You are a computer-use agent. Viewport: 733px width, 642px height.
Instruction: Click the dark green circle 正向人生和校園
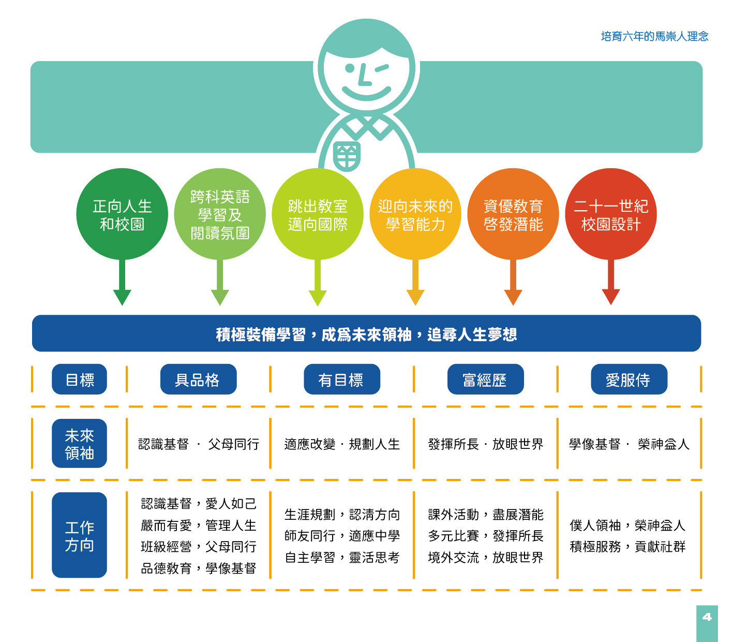click(x=122, y=214)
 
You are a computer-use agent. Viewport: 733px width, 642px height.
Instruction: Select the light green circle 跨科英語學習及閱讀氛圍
click(x=220, y=214)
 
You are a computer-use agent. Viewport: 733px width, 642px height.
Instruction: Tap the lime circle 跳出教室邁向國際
click(x=318, y=214)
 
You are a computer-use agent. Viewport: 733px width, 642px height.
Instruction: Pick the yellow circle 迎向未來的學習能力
click(x=415, y=214)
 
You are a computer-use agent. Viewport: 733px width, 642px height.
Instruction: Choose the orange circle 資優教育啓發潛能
click(x=513, y=214)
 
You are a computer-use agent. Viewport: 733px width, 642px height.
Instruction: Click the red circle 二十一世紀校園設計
click(x=611, y=214)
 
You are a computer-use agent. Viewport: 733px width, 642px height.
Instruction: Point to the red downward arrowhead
click(x=611, y=296)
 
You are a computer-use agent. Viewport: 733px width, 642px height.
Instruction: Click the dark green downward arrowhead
click(x=122, y=296)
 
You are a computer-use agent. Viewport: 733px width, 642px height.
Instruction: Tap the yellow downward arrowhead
click(x=415, y=296)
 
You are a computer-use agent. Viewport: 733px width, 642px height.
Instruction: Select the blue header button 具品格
click(x=198, y=380)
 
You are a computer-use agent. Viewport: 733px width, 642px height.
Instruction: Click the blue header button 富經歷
click(x=485, y=380)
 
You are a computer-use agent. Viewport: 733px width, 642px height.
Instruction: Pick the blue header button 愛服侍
click(x=629, y=380)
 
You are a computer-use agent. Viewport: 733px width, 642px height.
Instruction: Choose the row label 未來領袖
click(x=79, y=444)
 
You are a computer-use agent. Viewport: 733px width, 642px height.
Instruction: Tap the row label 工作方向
click(x=79, y=535)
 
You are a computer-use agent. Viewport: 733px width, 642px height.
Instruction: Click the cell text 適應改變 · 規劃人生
click(x=342, y=444)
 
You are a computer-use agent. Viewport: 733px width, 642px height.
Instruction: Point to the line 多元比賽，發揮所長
click(x=486, y=536)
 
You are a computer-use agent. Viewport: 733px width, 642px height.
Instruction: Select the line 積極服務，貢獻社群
click(x=627, y=547)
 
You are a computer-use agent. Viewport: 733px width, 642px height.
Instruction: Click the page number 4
click(x=707, y=617)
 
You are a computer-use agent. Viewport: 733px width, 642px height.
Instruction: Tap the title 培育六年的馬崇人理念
click(x=654, y=36)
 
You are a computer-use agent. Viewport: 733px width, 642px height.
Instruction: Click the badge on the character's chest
click(x=347, y=155)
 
